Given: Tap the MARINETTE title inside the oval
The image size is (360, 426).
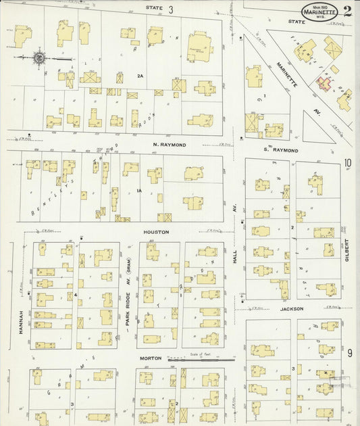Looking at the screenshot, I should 321,12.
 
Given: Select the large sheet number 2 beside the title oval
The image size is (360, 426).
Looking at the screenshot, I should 347,11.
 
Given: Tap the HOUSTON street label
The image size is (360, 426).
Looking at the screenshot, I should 155,232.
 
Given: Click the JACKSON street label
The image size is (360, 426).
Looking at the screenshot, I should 292,308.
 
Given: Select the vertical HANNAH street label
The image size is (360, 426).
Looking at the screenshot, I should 22,321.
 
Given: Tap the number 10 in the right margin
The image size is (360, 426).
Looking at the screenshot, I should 348,163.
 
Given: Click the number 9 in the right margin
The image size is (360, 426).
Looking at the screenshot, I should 349,353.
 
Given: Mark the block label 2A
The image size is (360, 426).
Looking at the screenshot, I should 140,76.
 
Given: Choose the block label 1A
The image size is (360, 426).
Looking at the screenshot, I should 138,191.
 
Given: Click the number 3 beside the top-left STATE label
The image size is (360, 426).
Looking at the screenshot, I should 171,9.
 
